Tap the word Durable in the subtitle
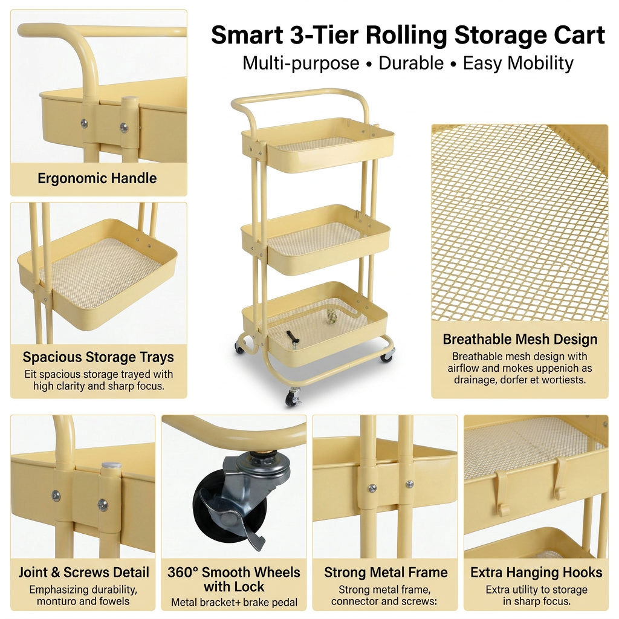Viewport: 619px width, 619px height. click(411, 63)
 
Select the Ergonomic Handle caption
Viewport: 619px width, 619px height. click(97, 178)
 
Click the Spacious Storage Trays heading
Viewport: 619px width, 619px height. click(99, 357)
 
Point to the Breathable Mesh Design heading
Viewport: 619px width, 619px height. click(520, 339)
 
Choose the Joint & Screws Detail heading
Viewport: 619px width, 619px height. click(83, 572)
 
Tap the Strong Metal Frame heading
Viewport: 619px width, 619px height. click(386, 572)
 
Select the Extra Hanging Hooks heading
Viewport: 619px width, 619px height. click(536, 572)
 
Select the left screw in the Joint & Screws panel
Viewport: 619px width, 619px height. click(56, 496)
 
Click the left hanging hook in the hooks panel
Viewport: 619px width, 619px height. click(502, 493)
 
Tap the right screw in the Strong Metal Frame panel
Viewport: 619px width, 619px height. click(409, 484)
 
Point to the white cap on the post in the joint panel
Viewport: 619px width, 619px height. click(111, 466)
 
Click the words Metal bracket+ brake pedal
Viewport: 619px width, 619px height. click(234, 603)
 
